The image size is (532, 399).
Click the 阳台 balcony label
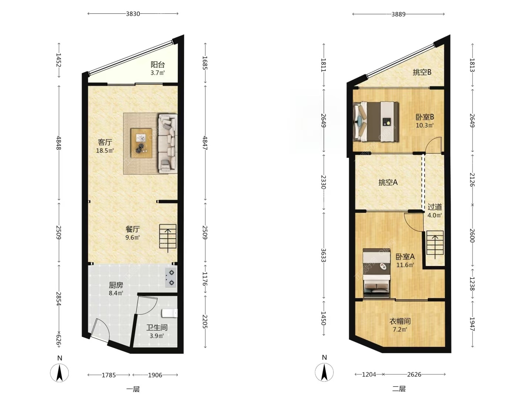tap(157, 65)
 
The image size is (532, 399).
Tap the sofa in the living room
tap(168, 143)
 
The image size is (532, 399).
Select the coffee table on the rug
tap(141, 143)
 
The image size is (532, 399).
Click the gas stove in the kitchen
tap(171, 277)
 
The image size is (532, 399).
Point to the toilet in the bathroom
tap(170, 313)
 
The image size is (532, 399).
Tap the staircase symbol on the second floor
tap(435, 244)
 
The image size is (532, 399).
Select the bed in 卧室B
tap(376, 122)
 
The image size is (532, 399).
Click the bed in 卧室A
tap(376, 273)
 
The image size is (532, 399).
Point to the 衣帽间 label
tap(400, 321)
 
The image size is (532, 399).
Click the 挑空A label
tap(388, 182)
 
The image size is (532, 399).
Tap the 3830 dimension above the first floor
tap(133, 14)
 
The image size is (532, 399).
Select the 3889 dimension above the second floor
tap(399, 14)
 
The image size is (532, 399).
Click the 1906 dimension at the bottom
tap(155, 375)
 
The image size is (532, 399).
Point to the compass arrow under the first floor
tap(59, 373)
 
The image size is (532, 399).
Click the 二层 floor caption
tap(399, 389)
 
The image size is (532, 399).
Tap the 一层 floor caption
tap(133, 389)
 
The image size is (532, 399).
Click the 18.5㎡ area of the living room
tap(105, 151)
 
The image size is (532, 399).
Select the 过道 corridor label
tap(434, 207)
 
